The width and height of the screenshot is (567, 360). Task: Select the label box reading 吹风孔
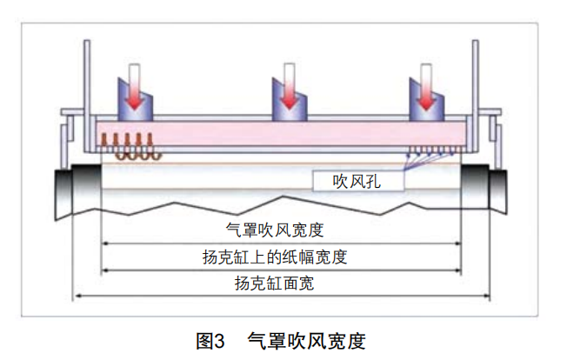tap(357, 181)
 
